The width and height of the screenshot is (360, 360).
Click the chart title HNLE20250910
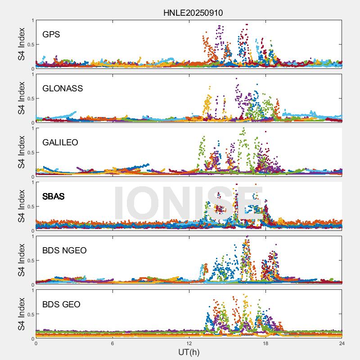pyautogui.click(x=193, y=13)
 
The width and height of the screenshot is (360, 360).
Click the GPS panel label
pyautogui.click(x=51, y=34)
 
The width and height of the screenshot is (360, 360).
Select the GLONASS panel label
pyautogui.click(x=63, y=88)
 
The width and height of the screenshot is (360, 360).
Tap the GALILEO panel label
pyautogui.click(x=60, y=142)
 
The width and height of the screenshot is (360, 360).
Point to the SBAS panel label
pyautogui.click(x=54, y=196)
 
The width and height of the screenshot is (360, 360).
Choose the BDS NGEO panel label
pyautogui.click(x=64, y=251)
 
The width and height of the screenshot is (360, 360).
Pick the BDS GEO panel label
pyautogui.click(x=61, y=305)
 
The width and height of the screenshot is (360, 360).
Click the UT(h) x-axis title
pyautogui.click(x=189, y=351)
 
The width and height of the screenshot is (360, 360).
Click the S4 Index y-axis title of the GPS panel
pyautogui.click(x=21, y=44)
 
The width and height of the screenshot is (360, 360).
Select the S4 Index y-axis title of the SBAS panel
pyautogui.click(x=21, y=206)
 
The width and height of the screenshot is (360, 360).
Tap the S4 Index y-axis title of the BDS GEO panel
pyautogui.click(x=21, y=315)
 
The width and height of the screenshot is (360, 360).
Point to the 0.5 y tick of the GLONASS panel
pyautogui.click(x=29, y=98)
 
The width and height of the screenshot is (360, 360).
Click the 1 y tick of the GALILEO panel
pyautogui.click(x=32, y=128)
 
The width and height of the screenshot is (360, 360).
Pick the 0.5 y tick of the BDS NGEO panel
pyautogui.click(x=29, y=261)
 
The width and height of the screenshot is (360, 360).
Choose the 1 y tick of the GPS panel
pyautogui.click(x=32, y=20)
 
